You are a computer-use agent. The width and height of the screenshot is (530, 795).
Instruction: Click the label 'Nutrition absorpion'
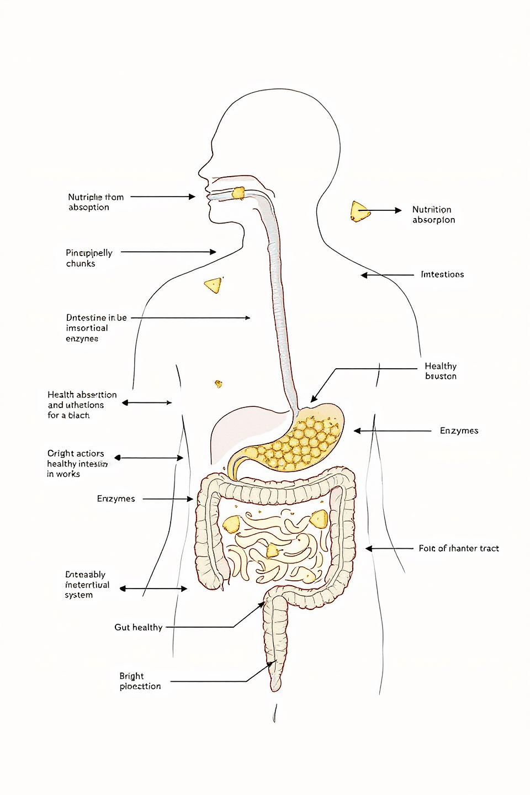[x=433, y=215]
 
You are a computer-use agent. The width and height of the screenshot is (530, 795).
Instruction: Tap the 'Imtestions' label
[x=442, y=274]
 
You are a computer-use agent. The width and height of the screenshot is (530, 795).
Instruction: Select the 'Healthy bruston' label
[x=441, y=371]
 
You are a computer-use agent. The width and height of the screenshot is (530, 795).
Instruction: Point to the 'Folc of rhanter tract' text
[x=458, y=548]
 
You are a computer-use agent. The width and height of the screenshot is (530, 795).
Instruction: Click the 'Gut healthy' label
[x=138, y=627]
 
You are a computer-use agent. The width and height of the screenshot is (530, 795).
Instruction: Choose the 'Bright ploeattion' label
[x=140, y=681]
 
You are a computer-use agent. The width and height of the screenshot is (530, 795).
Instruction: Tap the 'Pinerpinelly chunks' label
[x=89, y=258]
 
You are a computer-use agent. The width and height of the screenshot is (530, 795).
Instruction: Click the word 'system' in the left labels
[x=79, y=595]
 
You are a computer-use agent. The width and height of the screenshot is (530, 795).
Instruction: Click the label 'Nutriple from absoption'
[x=96, y=202]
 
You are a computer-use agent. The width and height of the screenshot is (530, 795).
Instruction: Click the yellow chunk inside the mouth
[x=238, y=193]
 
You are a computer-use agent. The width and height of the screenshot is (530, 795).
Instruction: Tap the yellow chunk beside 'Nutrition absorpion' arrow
[x=359, y=211]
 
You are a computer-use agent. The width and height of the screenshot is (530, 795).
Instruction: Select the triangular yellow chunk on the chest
[x=214, y=285]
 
